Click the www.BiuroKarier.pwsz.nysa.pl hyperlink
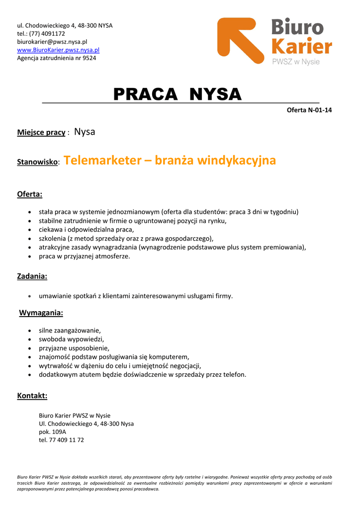58,50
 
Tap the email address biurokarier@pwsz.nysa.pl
52,42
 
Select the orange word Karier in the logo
302,46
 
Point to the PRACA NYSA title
177,94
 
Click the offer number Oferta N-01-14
309,110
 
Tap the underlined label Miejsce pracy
41,133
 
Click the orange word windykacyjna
236,161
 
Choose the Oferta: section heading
30,194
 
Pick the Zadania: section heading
32,276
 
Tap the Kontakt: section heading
32,396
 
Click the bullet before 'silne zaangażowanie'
31,331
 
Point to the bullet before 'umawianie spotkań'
31,296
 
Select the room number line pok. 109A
52,432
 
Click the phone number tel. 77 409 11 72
61,440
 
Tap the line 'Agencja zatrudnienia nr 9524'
57,58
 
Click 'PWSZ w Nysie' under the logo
295,62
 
